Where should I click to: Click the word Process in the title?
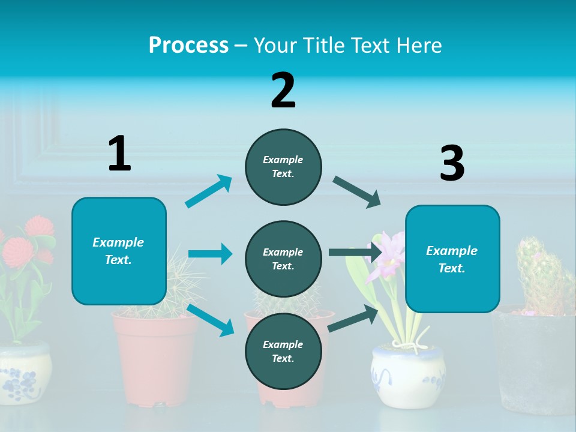188,46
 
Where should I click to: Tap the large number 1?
119,154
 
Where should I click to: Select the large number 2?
283,91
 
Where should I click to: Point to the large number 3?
452,164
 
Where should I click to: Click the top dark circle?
283,167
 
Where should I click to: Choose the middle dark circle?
283,259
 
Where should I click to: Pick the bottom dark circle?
283,351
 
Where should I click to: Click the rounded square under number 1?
119,251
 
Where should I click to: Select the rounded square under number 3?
452,259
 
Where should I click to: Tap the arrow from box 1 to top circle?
208,191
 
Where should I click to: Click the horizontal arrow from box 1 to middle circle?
210,254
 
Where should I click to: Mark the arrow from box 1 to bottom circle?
210,320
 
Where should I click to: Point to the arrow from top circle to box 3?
357,192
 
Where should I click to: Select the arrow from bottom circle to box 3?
353,318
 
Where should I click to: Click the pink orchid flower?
387,252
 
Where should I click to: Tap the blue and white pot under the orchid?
408,375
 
